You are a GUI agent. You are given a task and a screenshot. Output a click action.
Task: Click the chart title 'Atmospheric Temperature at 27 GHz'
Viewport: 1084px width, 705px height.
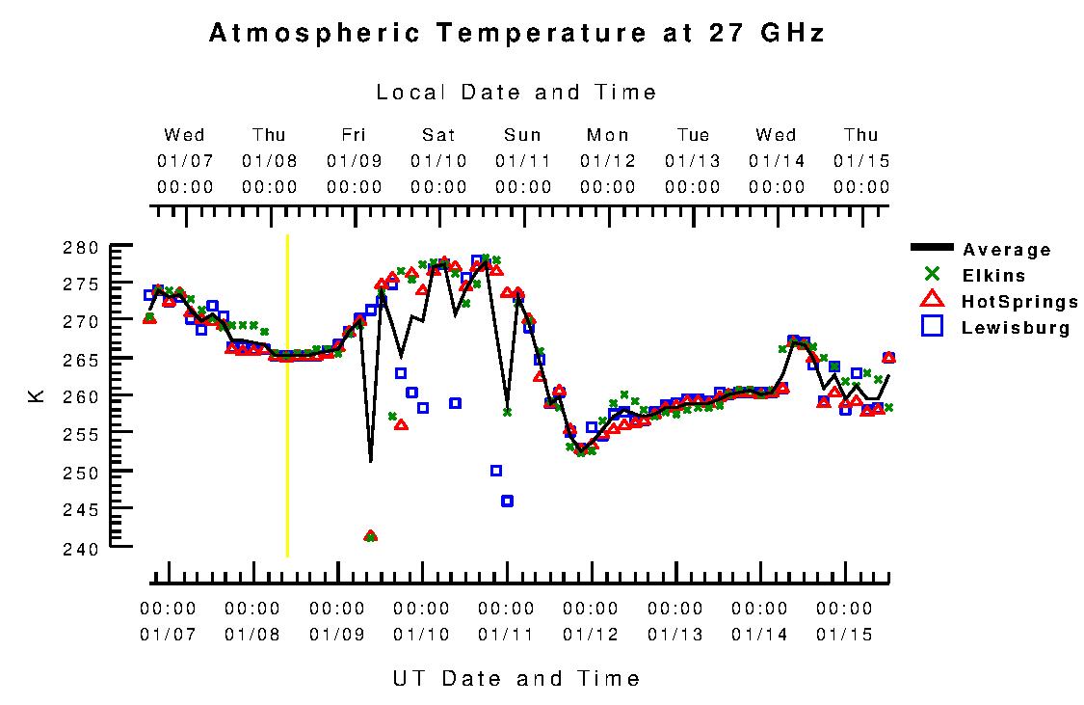click(x=516, y=33)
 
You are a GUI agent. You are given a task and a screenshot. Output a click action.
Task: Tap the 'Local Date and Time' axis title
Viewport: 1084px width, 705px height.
click(x=516, y=93)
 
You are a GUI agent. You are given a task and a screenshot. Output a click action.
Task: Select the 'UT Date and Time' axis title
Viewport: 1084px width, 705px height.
click(x=516, y=679)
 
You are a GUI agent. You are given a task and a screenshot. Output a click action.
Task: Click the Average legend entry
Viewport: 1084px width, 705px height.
click(x=1006, y=251)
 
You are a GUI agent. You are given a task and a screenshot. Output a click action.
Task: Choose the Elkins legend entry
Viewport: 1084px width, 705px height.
click(x=993, y=276)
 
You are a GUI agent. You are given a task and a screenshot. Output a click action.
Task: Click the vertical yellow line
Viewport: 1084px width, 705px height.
click(x=287, y=395)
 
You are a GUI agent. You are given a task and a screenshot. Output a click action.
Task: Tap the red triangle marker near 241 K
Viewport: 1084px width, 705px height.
click(x=370, y=535)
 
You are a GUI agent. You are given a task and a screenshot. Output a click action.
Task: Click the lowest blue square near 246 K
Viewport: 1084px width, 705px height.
click(x=507, y=501)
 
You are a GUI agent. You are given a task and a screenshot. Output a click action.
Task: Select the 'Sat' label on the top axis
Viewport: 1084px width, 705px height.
click(x=438, y=135)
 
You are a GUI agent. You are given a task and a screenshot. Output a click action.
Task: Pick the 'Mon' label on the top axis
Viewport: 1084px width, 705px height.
click(x=608, y=135)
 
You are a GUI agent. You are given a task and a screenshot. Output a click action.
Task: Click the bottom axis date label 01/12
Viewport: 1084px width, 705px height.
click(x=591, y=635)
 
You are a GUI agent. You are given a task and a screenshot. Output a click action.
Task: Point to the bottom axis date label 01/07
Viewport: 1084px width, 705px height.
click(x=168, y=635)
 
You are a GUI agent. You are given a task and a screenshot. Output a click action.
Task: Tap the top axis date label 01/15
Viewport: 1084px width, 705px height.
click(x=861, y=160)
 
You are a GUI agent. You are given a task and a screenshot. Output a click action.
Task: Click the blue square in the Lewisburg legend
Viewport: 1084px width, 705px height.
click(x=932, y=327)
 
